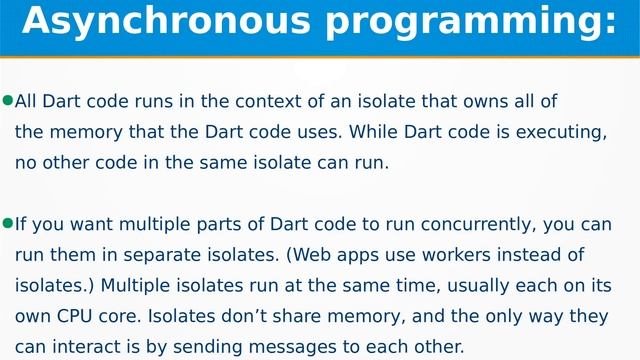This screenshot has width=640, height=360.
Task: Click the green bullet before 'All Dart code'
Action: tap(8, 101)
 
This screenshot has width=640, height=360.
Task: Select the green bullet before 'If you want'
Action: tap(8, 223)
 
